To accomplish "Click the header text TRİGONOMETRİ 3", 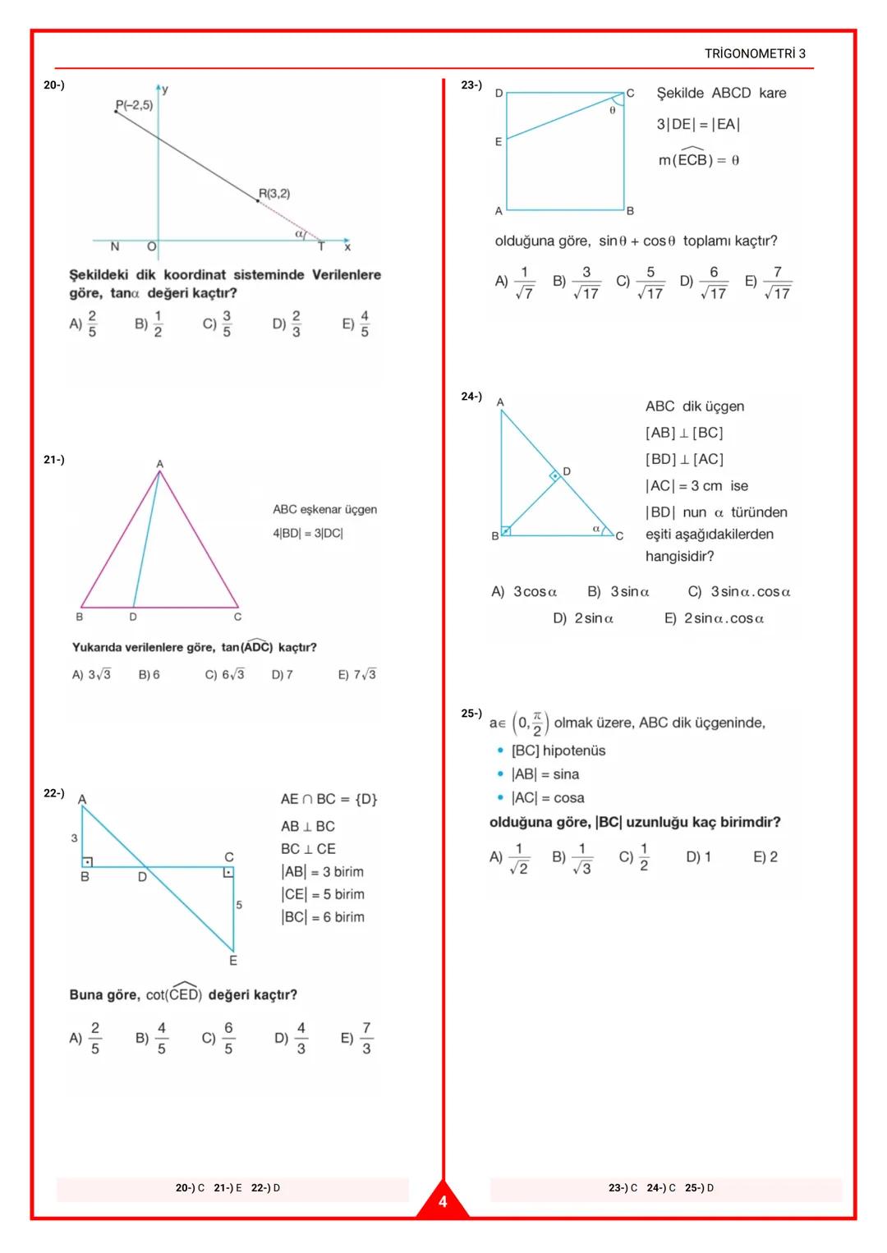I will (754, 54).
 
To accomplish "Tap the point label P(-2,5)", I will (134, 105).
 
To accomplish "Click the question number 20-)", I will (53, 85).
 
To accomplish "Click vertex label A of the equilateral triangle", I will (160, 464).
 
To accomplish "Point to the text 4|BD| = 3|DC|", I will (308, 533).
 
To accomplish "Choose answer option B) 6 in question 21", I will (149, 674).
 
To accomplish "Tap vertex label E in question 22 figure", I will (233, 960).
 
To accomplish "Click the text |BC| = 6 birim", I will (323, 917).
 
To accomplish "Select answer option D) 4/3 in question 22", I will (292, 1038).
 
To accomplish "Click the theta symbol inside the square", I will (612, 110).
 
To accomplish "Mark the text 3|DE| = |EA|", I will (698, 125).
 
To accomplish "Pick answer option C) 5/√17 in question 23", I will (640, 282).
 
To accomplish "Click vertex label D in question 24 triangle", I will (567, 471).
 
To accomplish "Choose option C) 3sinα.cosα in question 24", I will (739, 592).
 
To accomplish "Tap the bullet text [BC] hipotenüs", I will (558, 750).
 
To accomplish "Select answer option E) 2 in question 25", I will (765, 857).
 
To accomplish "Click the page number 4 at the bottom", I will (443, 1202).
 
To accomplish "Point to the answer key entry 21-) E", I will (227, 1188).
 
